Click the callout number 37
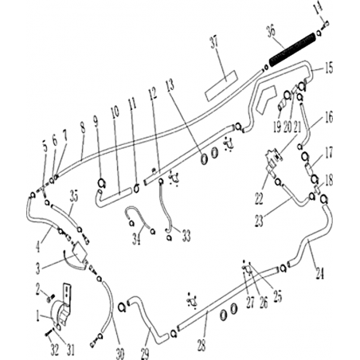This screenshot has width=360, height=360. coord(215,42)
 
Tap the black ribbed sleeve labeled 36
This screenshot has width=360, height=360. coord(292,50)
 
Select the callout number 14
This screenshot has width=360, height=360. coord(319,10)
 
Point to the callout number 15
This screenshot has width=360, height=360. coord(328,68)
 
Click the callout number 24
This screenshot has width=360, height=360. coord(319,272)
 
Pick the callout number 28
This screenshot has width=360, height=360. coord(202,345)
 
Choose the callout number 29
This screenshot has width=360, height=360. coord(145,354)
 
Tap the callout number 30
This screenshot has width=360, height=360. coord(119,354)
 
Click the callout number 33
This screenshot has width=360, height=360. coord(186,236)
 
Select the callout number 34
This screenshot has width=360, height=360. coord(136,239)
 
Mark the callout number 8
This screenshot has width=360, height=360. coord(83,128)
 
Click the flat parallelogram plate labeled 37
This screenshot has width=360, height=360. coord(221,86)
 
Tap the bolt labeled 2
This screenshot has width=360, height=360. coord(51,297)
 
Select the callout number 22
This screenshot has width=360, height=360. coord(259,199)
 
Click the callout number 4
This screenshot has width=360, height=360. coord(38,246)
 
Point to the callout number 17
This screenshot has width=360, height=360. coord(329,153)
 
